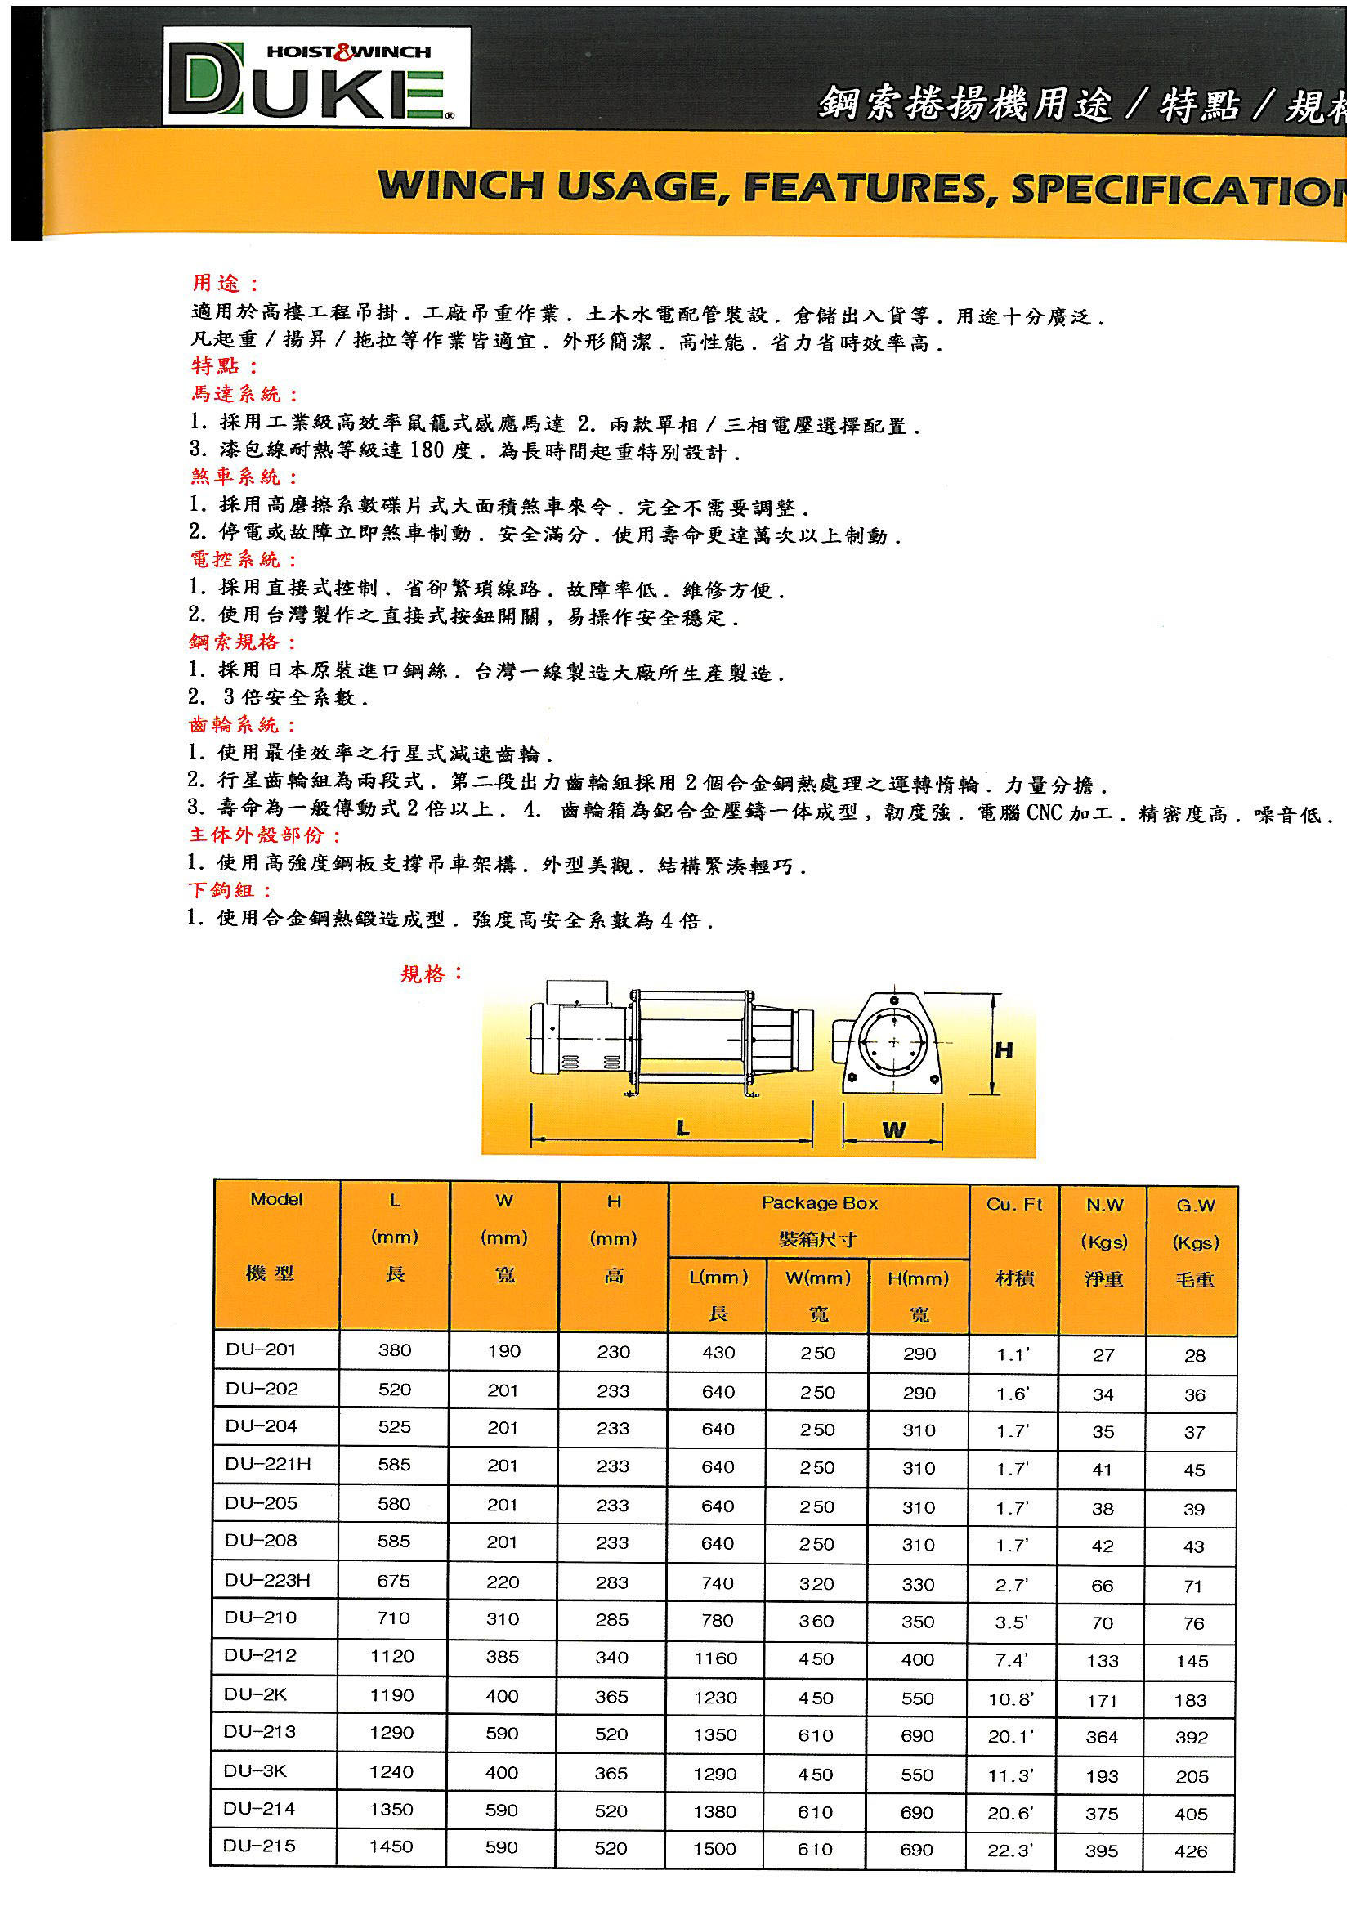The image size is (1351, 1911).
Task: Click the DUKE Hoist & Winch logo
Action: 316,77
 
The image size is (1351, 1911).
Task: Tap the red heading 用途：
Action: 226,283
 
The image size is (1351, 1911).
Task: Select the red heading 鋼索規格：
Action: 242,642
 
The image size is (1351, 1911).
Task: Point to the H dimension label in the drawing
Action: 1004,1050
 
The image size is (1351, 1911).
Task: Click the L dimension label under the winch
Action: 682,1128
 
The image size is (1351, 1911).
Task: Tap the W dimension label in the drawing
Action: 894,1130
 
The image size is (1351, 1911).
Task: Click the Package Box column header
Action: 819,1202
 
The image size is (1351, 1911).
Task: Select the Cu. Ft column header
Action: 1014,1204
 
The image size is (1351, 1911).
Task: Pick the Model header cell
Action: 276,1199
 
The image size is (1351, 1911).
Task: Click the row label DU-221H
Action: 268,1464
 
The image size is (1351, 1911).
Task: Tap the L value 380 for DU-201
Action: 395,1350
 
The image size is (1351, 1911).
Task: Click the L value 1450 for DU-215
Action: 391,1846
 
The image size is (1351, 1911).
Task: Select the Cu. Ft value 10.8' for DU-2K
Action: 1011,1698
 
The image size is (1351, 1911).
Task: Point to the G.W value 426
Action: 1191,1851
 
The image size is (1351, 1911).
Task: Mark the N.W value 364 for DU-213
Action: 1101,1737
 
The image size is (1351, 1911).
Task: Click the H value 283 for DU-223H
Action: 612,1582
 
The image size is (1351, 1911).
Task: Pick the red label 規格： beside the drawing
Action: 432,973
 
